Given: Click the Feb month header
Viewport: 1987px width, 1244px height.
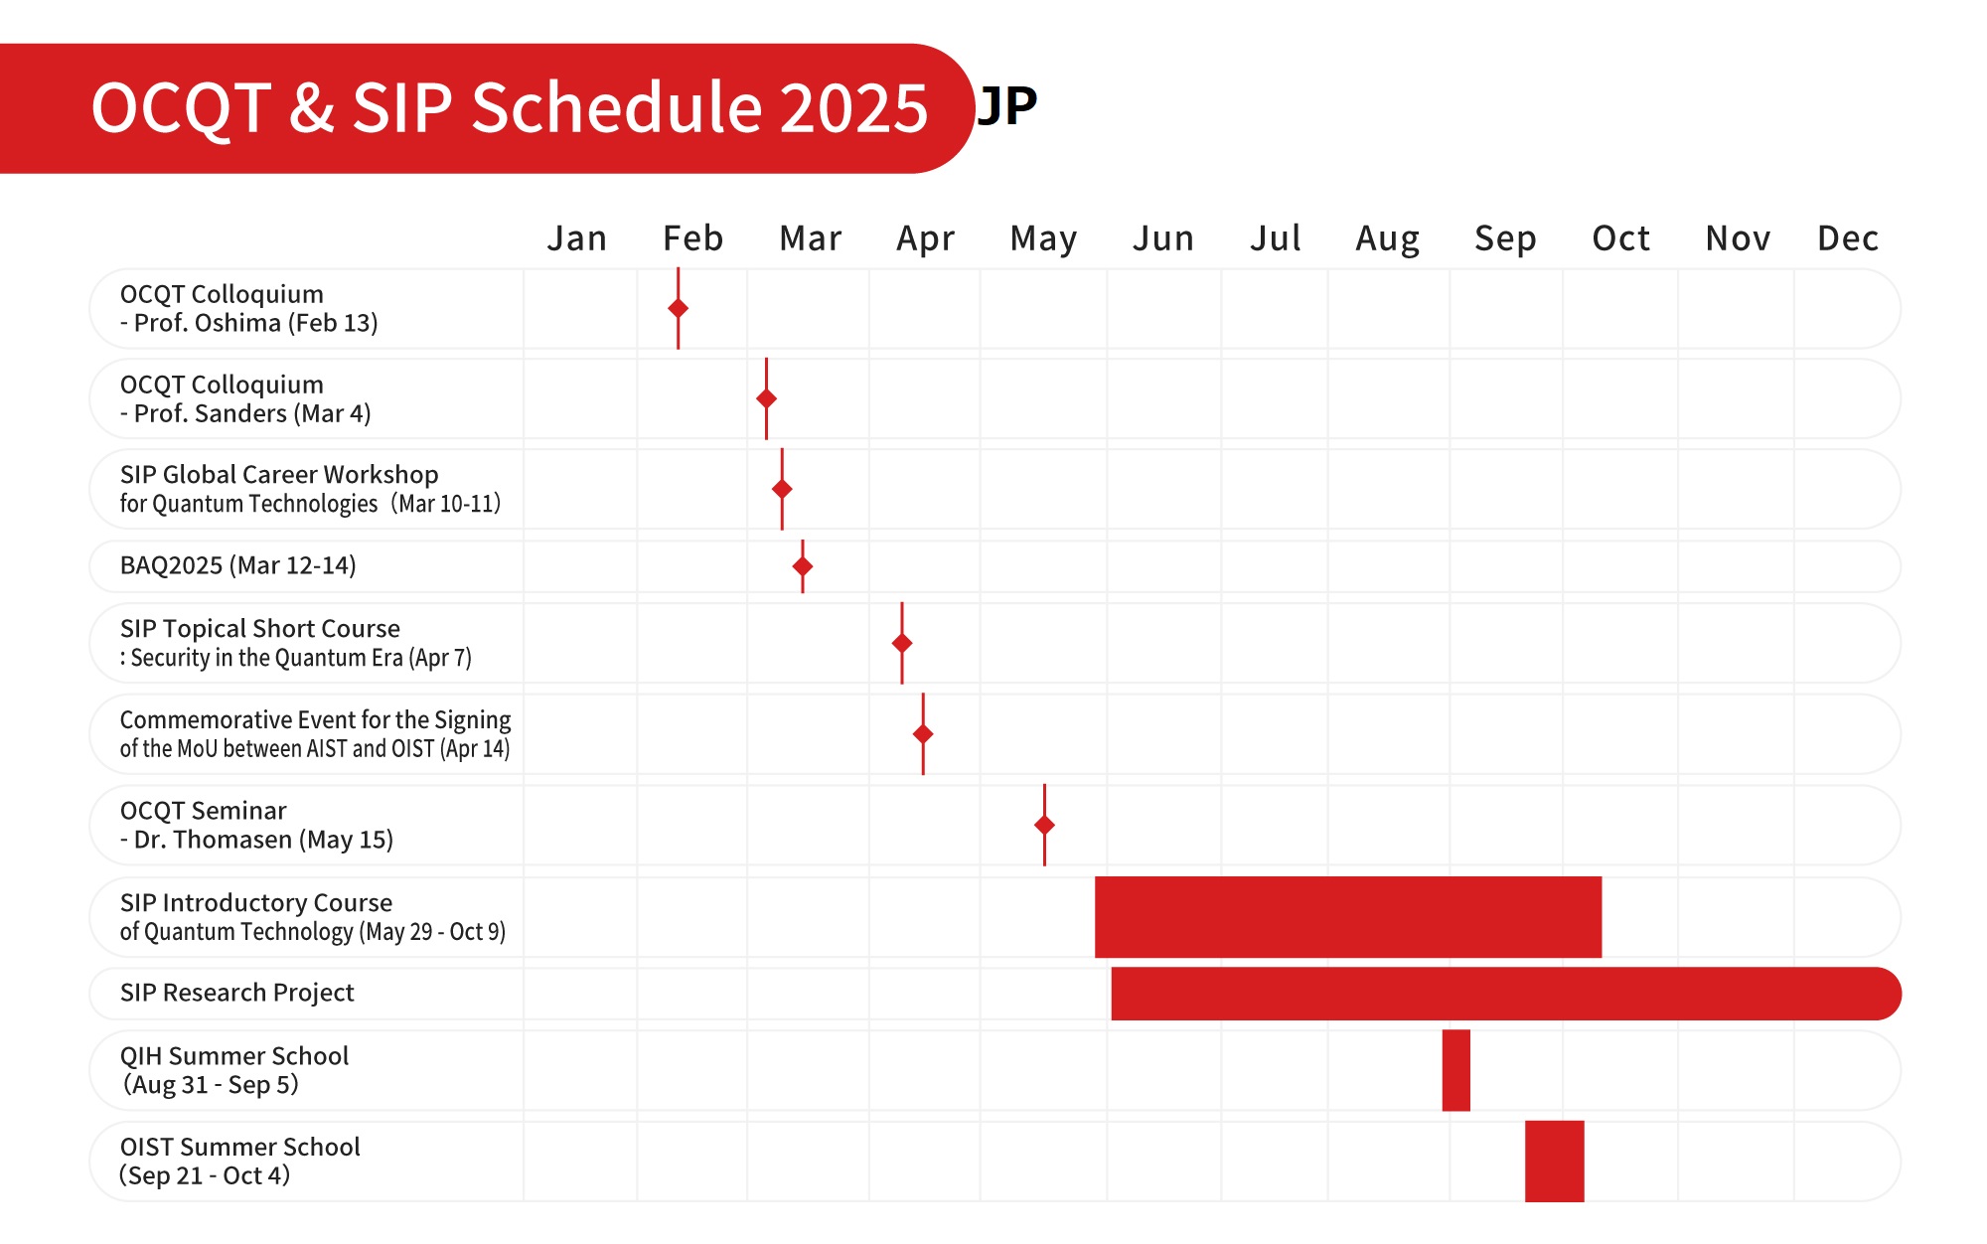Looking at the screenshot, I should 692,238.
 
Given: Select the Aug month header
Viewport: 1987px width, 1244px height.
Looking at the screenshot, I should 1387,238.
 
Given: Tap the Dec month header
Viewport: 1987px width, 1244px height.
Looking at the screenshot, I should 1847,238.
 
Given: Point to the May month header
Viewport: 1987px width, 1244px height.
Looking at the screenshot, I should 1043,238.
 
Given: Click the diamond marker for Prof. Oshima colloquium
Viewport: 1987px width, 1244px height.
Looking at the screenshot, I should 679,308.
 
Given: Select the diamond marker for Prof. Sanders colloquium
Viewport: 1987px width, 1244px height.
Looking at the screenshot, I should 766,398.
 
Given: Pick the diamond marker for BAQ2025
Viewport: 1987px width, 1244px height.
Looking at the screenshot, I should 803,566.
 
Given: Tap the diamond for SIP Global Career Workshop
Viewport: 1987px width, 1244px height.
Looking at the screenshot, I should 782,489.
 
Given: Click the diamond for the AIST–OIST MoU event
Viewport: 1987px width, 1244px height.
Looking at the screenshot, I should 923,734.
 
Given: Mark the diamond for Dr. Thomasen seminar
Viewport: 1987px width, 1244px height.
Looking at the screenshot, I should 1044,825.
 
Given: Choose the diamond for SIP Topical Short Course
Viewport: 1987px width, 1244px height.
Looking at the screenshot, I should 902,643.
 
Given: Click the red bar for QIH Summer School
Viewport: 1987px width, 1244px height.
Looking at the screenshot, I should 1455,1070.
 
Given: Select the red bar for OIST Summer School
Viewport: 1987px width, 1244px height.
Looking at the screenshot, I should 1554,1161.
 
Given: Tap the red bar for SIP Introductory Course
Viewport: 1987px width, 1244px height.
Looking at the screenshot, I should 1347,916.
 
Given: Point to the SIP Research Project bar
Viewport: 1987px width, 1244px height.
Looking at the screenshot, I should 1505,994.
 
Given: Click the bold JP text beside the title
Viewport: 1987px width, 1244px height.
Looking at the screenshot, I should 1007,105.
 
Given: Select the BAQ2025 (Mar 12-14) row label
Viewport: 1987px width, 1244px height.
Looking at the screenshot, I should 237,565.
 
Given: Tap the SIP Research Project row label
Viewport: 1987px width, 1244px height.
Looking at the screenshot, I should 236,993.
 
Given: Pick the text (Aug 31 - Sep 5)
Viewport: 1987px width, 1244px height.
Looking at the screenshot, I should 211,1084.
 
